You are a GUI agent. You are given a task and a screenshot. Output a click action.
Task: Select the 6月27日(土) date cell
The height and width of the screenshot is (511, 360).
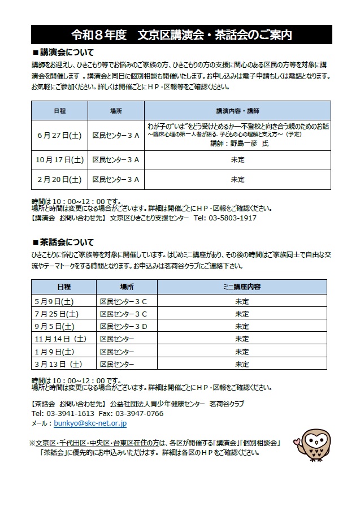[x=59, y=136]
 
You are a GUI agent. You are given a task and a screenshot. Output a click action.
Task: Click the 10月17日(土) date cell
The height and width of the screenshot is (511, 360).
[x=59, y=160]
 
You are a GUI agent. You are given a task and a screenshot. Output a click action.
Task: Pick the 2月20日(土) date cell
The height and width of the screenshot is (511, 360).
[x=59, y=180]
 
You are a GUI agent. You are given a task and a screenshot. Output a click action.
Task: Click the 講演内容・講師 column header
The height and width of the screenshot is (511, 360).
[x=237, y=111]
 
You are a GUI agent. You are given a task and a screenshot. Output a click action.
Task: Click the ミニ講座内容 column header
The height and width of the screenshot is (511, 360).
[x=242, y=287]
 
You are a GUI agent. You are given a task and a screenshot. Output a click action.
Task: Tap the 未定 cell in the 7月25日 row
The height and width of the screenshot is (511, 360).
[x=242, y=314]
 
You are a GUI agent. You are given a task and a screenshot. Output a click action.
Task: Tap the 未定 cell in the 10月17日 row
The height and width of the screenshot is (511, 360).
[x=237, y=160]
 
